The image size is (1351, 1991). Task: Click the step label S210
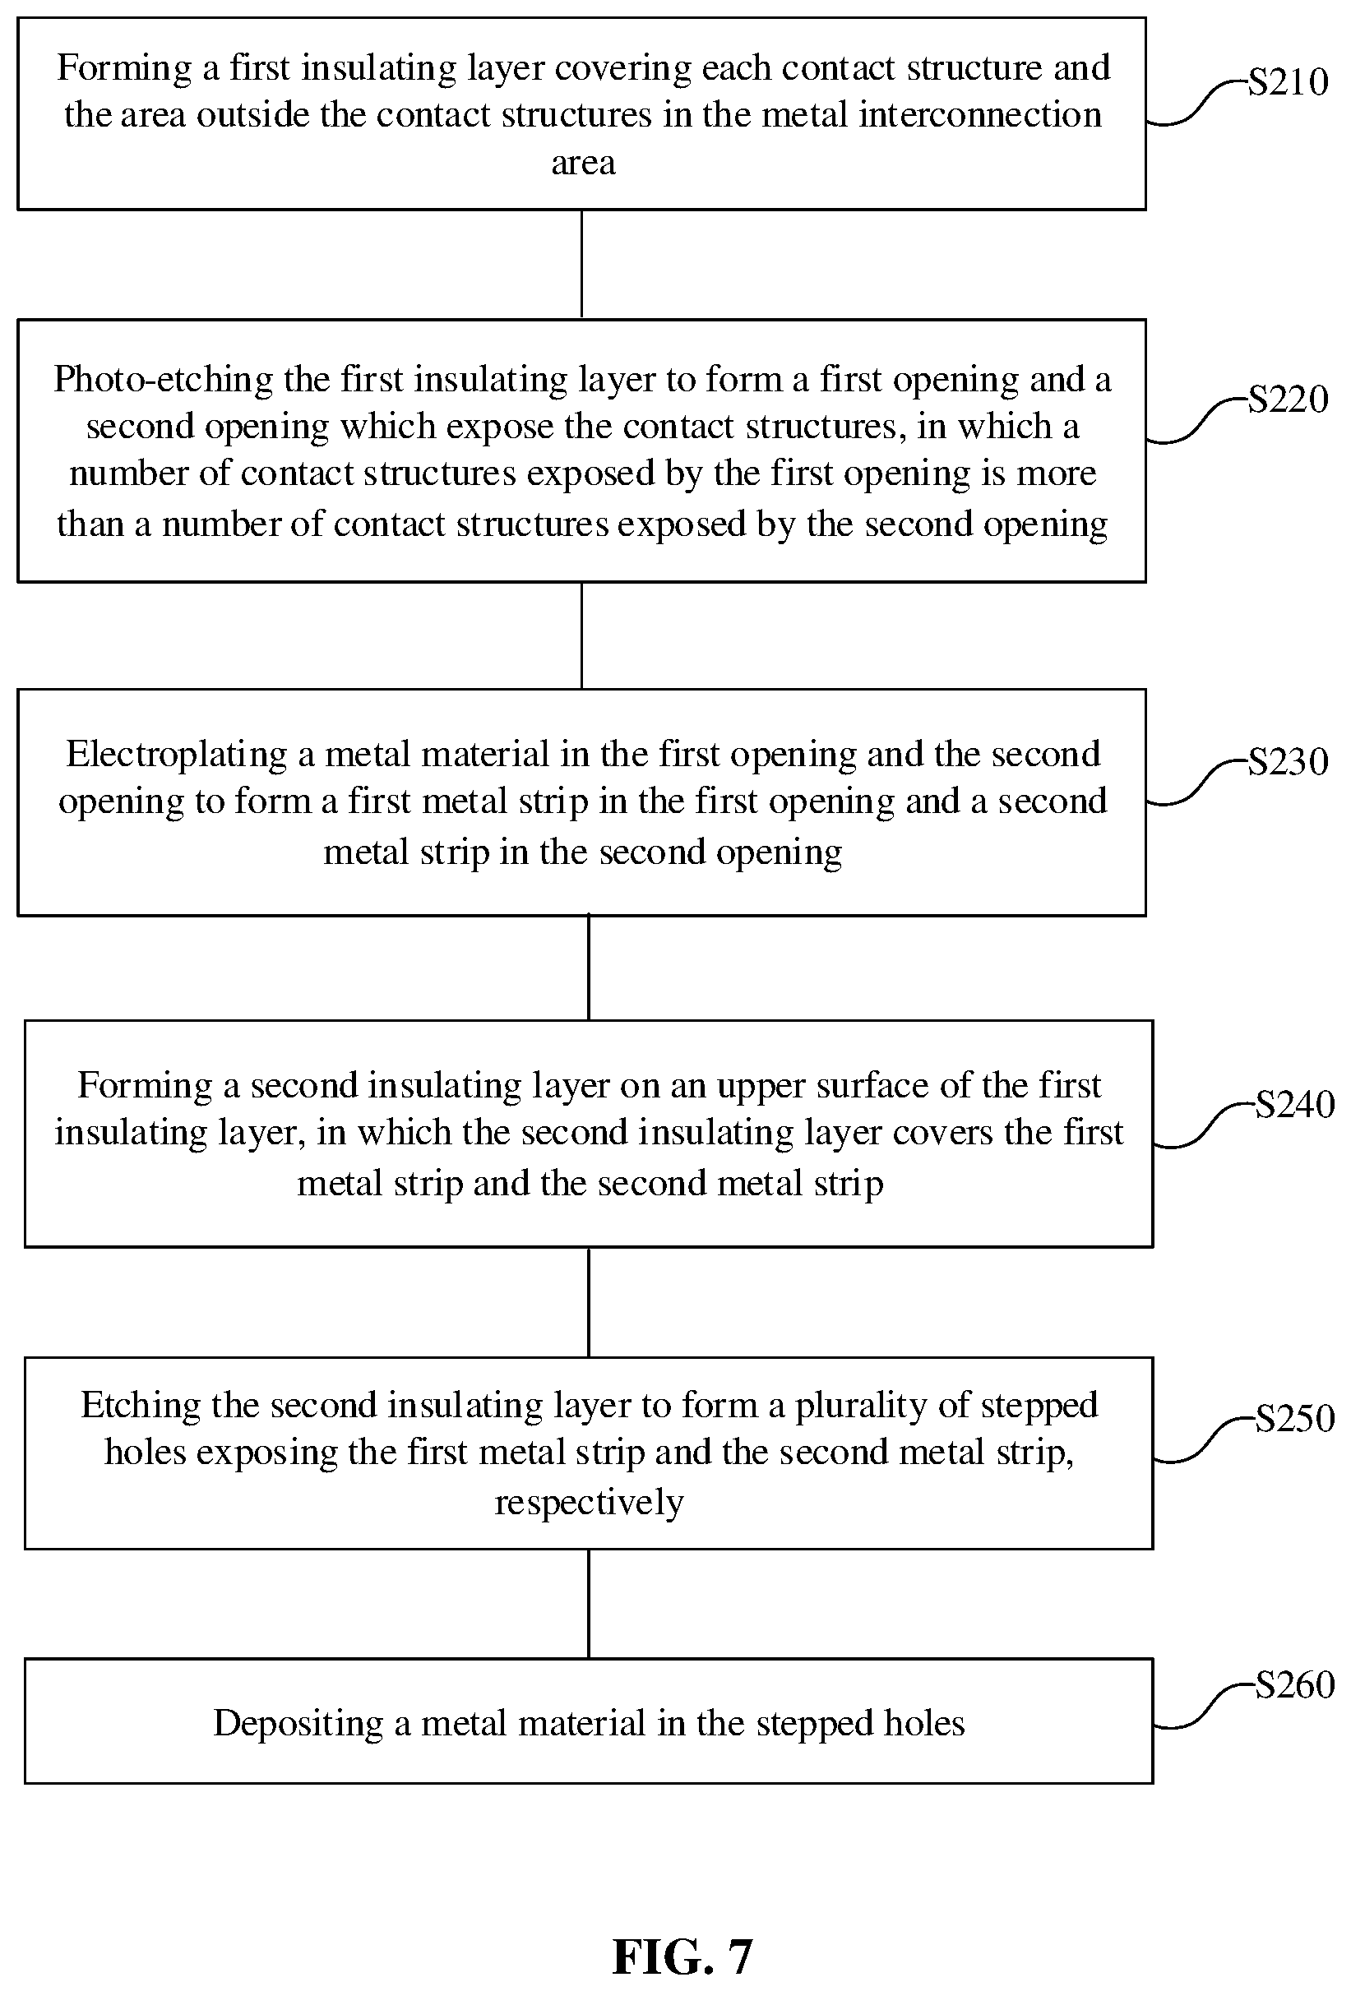click(1288, 82)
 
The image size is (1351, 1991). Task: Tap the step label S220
click(1288, 400)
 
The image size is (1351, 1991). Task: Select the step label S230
click(1288, 761)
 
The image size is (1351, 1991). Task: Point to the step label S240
click(1294, 1104)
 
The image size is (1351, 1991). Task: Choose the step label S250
click(1294, 1419)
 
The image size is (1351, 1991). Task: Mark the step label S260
click(1294, 1684)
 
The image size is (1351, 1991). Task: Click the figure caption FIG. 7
click(682, 1933)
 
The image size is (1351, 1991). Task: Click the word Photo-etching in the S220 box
click(163, 380)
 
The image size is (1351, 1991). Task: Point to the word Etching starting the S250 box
click(140, 1406)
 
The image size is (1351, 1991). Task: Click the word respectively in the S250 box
click(590, 1503)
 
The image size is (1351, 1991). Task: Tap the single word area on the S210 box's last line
click(584, 163)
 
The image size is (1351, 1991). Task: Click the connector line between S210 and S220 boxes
click(581, 265)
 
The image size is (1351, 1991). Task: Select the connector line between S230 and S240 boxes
click(589, 968)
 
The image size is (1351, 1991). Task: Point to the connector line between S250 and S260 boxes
click(589, 1605)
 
